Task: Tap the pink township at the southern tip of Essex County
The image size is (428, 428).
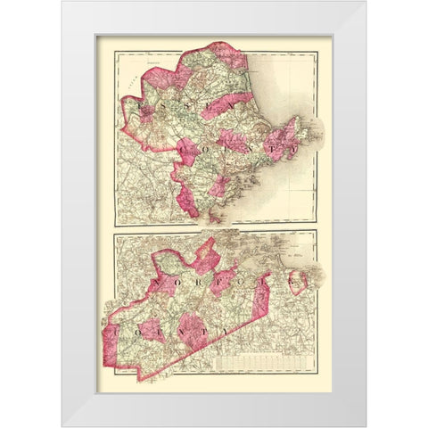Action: pos(186,202)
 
